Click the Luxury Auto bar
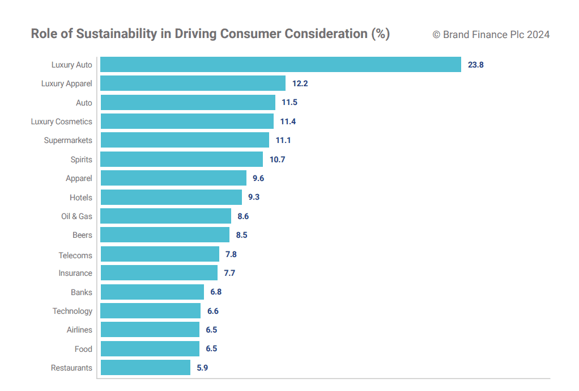coord(280,65)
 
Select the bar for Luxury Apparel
coord(193,83)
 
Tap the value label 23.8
coord(475,65)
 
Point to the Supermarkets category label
coord(68,140)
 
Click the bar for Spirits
coord(181,159)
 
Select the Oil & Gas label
coord(76,216)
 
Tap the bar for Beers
coord(165,235)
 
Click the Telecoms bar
coord(160,254)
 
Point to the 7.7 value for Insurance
coord(229,273)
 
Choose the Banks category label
coord(82,292)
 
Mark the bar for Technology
coord(150,311)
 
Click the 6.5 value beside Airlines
coord(211,330)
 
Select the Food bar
coord(150,349)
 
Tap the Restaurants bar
coord(145,368)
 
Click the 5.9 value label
coord(202,368)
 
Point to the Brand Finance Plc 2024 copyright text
coord(491,35)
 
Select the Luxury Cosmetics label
coord(62,121)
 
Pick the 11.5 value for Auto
coord(289,103)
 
